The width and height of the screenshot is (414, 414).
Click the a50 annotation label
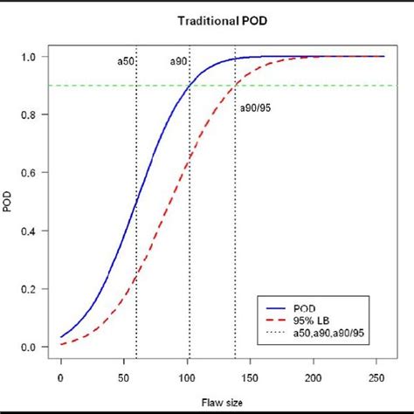[126, 62]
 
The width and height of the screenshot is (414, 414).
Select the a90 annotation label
[178, 62]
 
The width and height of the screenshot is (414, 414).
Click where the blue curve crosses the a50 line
[136, 203]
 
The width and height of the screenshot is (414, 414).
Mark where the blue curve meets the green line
[190, 86]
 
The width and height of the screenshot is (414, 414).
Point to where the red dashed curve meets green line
[235, 86]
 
